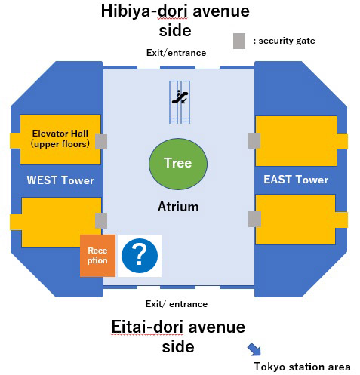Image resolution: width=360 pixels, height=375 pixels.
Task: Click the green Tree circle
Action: click(x=178, y=164)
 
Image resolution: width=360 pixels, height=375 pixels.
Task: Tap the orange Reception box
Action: click(x=97, y=256)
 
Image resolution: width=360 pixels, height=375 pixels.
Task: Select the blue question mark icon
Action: click(x=140, y=256)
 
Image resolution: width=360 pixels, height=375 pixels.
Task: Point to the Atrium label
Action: click(x=178, y=207)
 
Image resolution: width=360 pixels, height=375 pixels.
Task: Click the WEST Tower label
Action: click(x=60, y=180)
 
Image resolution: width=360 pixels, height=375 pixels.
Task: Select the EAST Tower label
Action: click(x=296, y=180)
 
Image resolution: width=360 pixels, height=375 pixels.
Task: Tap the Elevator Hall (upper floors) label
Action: click(x=60, y=139)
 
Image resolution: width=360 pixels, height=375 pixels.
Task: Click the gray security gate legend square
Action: click(x=239, y=41)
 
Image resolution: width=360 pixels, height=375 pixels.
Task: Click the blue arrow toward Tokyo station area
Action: click(x=254, y=349)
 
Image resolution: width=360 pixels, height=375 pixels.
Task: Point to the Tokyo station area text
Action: click(x=302, y=367)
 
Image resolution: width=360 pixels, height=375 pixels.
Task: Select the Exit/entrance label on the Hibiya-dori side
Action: click(x=176, y=53)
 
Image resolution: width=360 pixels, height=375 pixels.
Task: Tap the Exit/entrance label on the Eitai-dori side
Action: click(x=177, y=304)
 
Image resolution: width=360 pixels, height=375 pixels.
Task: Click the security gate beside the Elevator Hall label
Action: click(x=101, y=141)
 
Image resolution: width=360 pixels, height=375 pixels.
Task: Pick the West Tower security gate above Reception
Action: click(x=101, y=220)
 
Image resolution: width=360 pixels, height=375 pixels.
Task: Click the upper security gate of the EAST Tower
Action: click(x=254, y=140)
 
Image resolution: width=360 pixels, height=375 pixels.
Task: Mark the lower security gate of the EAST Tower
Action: click(x=254, y=219)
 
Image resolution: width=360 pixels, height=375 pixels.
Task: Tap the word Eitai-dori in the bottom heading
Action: click(x=147, y=327)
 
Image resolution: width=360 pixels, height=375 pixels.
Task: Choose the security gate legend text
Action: click(x=284, y=41)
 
